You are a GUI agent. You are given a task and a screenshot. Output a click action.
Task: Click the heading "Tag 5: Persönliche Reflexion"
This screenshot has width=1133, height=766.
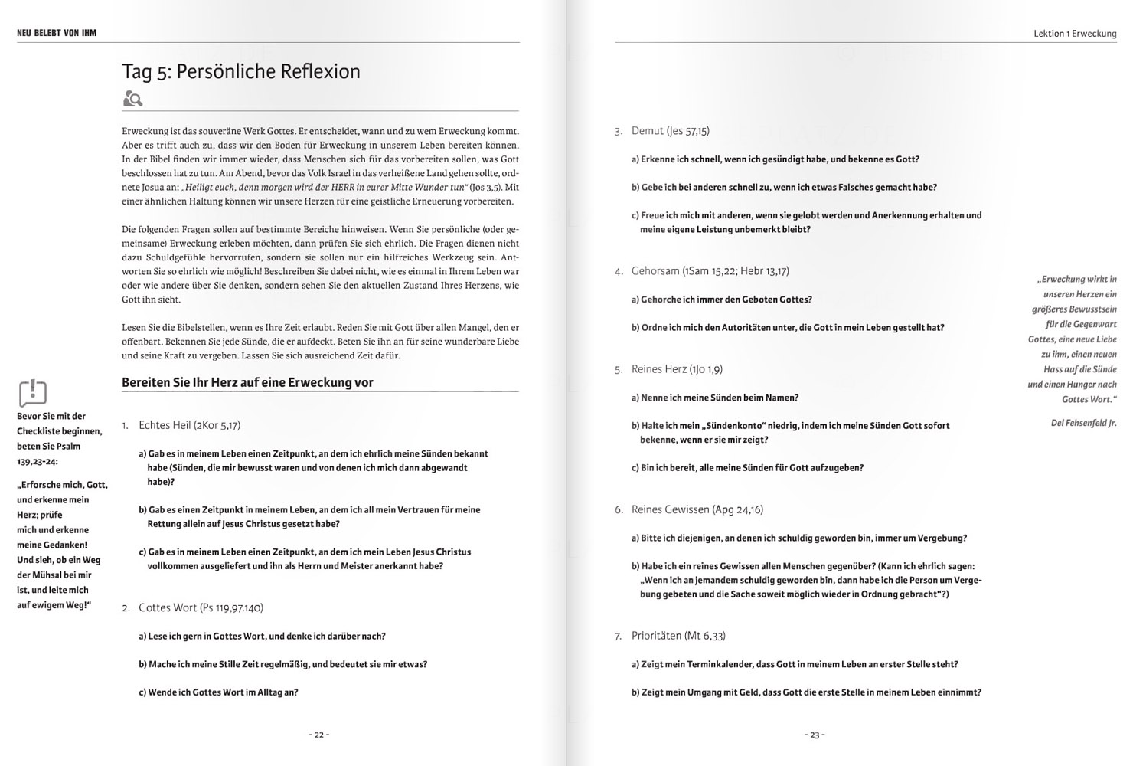tap(241, 71)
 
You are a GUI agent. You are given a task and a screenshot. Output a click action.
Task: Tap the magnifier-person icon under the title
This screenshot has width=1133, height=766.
tap(132, 99)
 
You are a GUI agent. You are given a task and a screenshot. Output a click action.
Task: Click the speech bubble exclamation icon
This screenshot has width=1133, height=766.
tap(32, 393)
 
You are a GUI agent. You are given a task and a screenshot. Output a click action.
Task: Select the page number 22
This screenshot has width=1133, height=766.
tap(319, 735)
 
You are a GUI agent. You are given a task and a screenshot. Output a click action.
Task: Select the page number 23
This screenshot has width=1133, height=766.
tap(815, 735)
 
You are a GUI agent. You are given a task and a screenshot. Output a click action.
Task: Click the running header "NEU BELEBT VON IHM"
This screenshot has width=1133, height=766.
tap(57, 33)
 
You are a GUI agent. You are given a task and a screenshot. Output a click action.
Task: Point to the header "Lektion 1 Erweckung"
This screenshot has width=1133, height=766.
tap(1074, 34)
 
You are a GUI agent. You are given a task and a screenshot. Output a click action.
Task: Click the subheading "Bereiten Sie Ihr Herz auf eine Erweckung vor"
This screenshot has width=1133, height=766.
tap(247, 382)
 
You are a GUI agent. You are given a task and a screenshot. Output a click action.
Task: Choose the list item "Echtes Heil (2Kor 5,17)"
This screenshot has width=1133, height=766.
tap(189, 425)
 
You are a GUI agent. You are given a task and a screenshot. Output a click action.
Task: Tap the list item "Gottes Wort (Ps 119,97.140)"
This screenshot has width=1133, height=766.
tap(201, 608)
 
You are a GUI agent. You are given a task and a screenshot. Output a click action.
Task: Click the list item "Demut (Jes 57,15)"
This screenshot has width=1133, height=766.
tap(670, 131)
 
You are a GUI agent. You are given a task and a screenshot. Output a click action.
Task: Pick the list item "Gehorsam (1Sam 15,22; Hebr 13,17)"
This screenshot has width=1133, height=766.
tap(710, 271)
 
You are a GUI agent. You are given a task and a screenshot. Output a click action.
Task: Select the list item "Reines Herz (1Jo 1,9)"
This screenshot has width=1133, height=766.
tap(677, 369)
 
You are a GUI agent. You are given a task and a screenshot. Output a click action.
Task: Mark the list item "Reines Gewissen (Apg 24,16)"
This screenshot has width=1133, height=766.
tap(697, 509)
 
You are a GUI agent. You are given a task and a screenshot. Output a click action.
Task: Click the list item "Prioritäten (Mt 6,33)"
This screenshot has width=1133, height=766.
tap(678, 636)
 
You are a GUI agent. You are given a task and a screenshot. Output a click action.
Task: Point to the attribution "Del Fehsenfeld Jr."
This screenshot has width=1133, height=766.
tap(1083, 423)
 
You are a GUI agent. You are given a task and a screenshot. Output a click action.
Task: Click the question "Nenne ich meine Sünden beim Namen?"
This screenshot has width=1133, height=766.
tap(720, 398)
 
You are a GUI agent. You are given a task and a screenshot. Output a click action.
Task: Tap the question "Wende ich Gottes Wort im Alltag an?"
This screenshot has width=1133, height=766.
tap(223, 692)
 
